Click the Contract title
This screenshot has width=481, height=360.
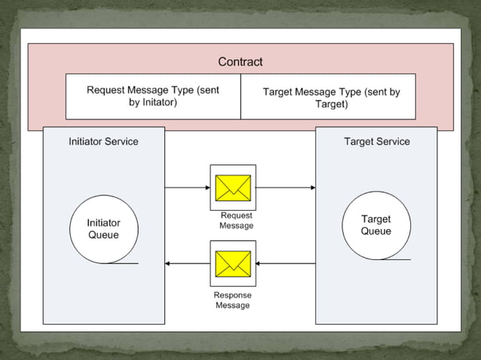click(x=240, y=62)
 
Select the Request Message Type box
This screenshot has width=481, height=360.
click(x=153, y=96)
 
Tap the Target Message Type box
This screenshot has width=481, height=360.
click(x=329, y=96)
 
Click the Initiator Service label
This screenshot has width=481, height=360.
click(x=103, y=141)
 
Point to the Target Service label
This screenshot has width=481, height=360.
click(x=377, y=141)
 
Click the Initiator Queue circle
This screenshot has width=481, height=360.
click(x=103, y=229)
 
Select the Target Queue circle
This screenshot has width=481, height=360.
click(x=375, y=225)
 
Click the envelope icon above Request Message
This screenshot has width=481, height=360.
click(x=233, y=188)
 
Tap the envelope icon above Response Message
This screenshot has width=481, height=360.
click(x=233, y=263)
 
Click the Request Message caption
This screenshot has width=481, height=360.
click(x=236, y=221)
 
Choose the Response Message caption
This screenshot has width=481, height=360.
click(x=232, y=300)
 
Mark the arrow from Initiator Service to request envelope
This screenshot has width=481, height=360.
click(x=187, y=188)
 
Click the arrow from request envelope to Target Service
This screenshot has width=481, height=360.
click(x=286, y=188)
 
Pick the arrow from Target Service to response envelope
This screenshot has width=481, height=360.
click(x=286, y=263)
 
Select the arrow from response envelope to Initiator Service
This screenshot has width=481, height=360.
click(x=187, y=263)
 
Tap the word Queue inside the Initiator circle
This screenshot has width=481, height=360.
click(x=103, y=235)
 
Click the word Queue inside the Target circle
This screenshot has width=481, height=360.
click(x=375, y=231)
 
